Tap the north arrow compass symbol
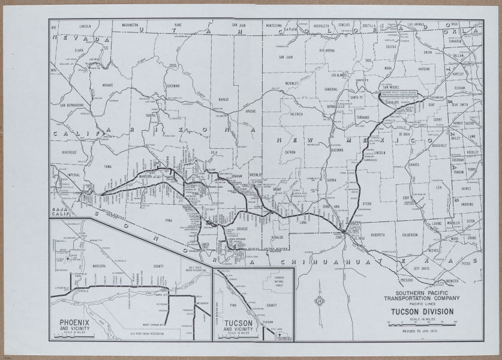320,301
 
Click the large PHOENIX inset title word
74,322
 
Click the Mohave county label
107,85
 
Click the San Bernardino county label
71,106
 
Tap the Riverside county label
68,152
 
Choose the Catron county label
290,153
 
